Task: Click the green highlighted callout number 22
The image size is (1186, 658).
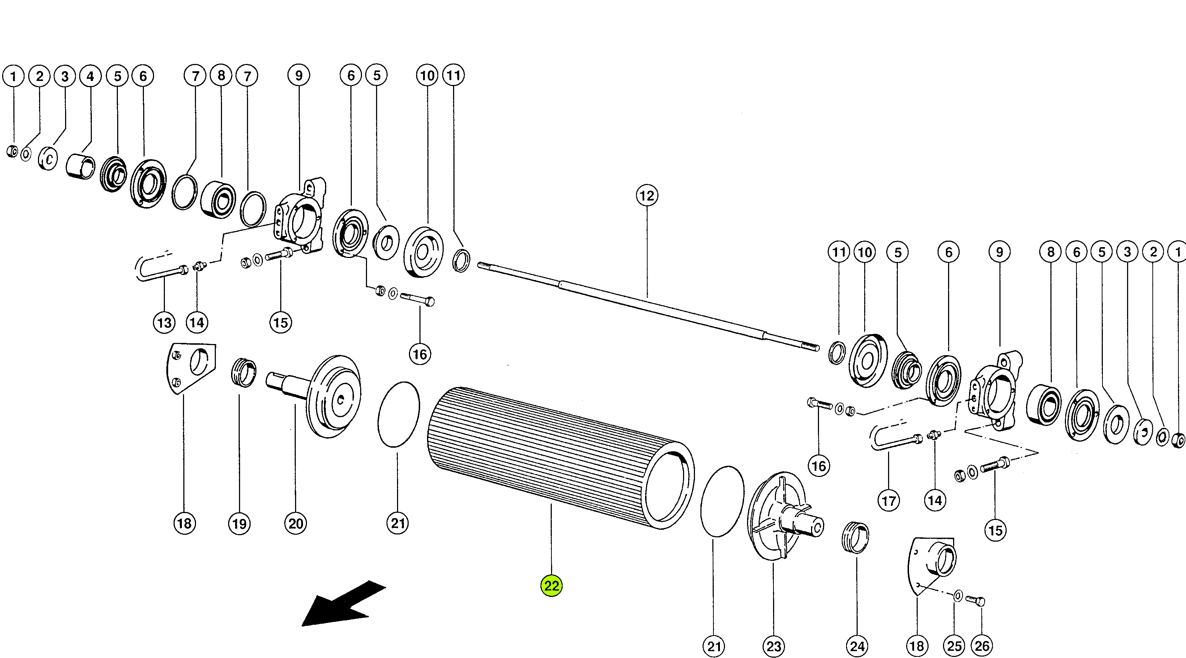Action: (x=551, y=585)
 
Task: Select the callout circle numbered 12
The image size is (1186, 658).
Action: (x=647, y=195)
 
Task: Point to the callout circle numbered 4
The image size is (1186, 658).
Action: (x=90, y=76)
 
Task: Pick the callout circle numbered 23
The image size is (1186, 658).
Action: (x=773, y=646)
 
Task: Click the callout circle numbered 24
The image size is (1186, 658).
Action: (x=857, y=646)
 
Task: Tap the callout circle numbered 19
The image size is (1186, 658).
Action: (x=239, y=523)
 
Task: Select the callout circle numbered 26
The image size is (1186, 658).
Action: (x=982, y=646)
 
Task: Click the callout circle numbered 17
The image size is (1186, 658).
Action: (x=888, y=500)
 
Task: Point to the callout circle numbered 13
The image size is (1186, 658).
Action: (x=165, y=323)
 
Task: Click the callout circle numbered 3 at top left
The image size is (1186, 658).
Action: (x=65, y=76)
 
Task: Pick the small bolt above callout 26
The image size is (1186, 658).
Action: (x=975, y=601)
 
